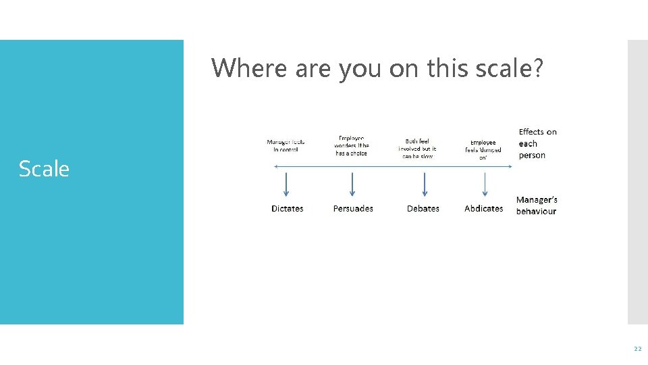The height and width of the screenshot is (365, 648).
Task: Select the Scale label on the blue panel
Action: (44, 169)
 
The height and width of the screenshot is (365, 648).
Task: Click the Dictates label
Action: (288, 209)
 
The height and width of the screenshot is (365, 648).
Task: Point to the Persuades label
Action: (353, 209)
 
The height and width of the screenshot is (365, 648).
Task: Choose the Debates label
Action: (423, 209)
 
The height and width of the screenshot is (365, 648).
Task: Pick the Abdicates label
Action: (484, 209)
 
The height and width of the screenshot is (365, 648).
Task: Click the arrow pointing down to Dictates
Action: (286, 186)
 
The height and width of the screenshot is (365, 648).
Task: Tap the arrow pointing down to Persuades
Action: (352, 186)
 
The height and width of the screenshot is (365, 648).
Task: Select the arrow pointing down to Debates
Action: (425, 186)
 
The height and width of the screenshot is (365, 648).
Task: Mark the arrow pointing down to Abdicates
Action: (485, 186)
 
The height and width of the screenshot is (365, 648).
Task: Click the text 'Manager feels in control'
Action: (286, 146)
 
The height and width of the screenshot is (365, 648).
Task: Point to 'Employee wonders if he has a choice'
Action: (352, 146)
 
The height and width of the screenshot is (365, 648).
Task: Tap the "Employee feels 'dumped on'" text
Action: (483, 150)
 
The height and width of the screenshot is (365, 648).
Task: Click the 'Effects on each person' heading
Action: (537, 143)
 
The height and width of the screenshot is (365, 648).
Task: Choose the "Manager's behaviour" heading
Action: (537, 205)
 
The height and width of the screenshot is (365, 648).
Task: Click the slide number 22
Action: (637, 349)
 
